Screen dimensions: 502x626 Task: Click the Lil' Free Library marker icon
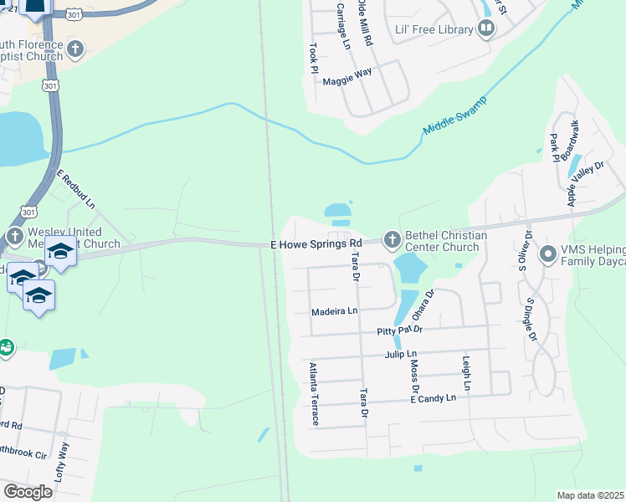click(x=486, y=29)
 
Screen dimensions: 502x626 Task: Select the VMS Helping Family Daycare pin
click(x=548, y=253)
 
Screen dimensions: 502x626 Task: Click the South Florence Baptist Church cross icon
click(x=74, y=49)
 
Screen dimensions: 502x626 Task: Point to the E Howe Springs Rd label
click(x=316, y=244)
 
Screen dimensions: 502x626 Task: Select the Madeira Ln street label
click(x=334, y=310)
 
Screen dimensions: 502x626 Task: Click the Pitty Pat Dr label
click(x=399, y=330)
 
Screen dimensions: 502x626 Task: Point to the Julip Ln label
click(x=400, y=355)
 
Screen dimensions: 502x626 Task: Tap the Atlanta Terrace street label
click(x=314, y=393)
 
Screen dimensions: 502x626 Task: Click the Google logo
click(x=28, y=492)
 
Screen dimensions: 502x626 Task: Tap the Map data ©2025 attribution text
click(x=590, y=495)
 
